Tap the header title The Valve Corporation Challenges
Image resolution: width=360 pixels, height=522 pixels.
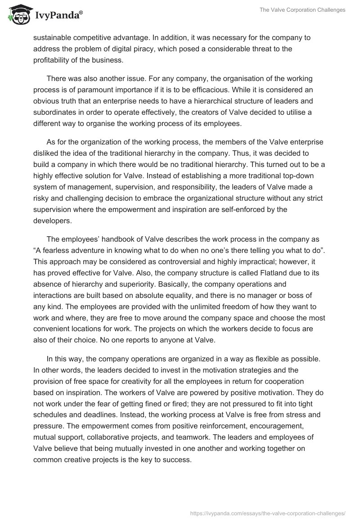coord(302,10)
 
